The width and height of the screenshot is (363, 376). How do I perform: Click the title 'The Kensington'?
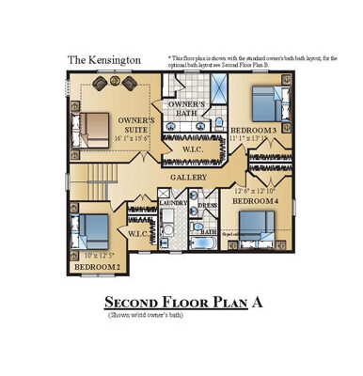click(x=104, y=59)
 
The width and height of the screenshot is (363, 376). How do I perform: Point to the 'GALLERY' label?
click(x=189, y=177)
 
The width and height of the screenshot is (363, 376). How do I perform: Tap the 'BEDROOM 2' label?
click(x=97, y=267)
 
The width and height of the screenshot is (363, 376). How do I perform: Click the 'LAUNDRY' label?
click(x=173, y=202)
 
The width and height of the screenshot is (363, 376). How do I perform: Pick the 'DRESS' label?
click(x=207, y=203)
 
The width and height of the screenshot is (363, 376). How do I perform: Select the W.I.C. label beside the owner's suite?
click(x=193, y=149)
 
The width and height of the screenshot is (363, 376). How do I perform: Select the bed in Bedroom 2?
click(x=93, y=230)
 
